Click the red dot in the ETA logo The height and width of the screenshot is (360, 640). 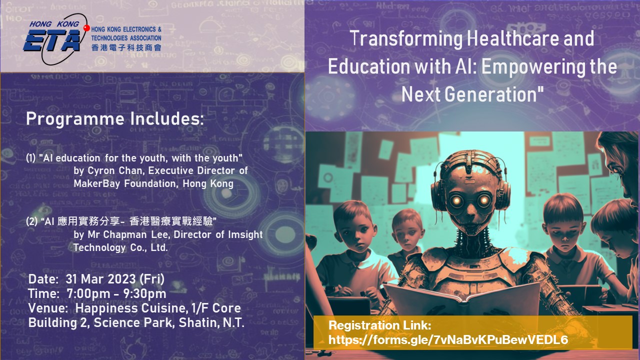(86, 28)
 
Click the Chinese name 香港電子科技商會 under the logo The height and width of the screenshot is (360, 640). (126, 47)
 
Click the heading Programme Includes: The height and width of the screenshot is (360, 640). (115, 119)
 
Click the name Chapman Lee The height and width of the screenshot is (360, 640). (136, 234)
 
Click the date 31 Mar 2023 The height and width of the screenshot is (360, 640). (100, 279)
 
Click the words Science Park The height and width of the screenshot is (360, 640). (133, 323)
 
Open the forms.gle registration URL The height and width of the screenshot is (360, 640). (448, 340)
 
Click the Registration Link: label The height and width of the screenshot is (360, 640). (379, 325)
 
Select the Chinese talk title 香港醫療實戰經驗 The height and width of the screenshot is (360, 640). (171, 221)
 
